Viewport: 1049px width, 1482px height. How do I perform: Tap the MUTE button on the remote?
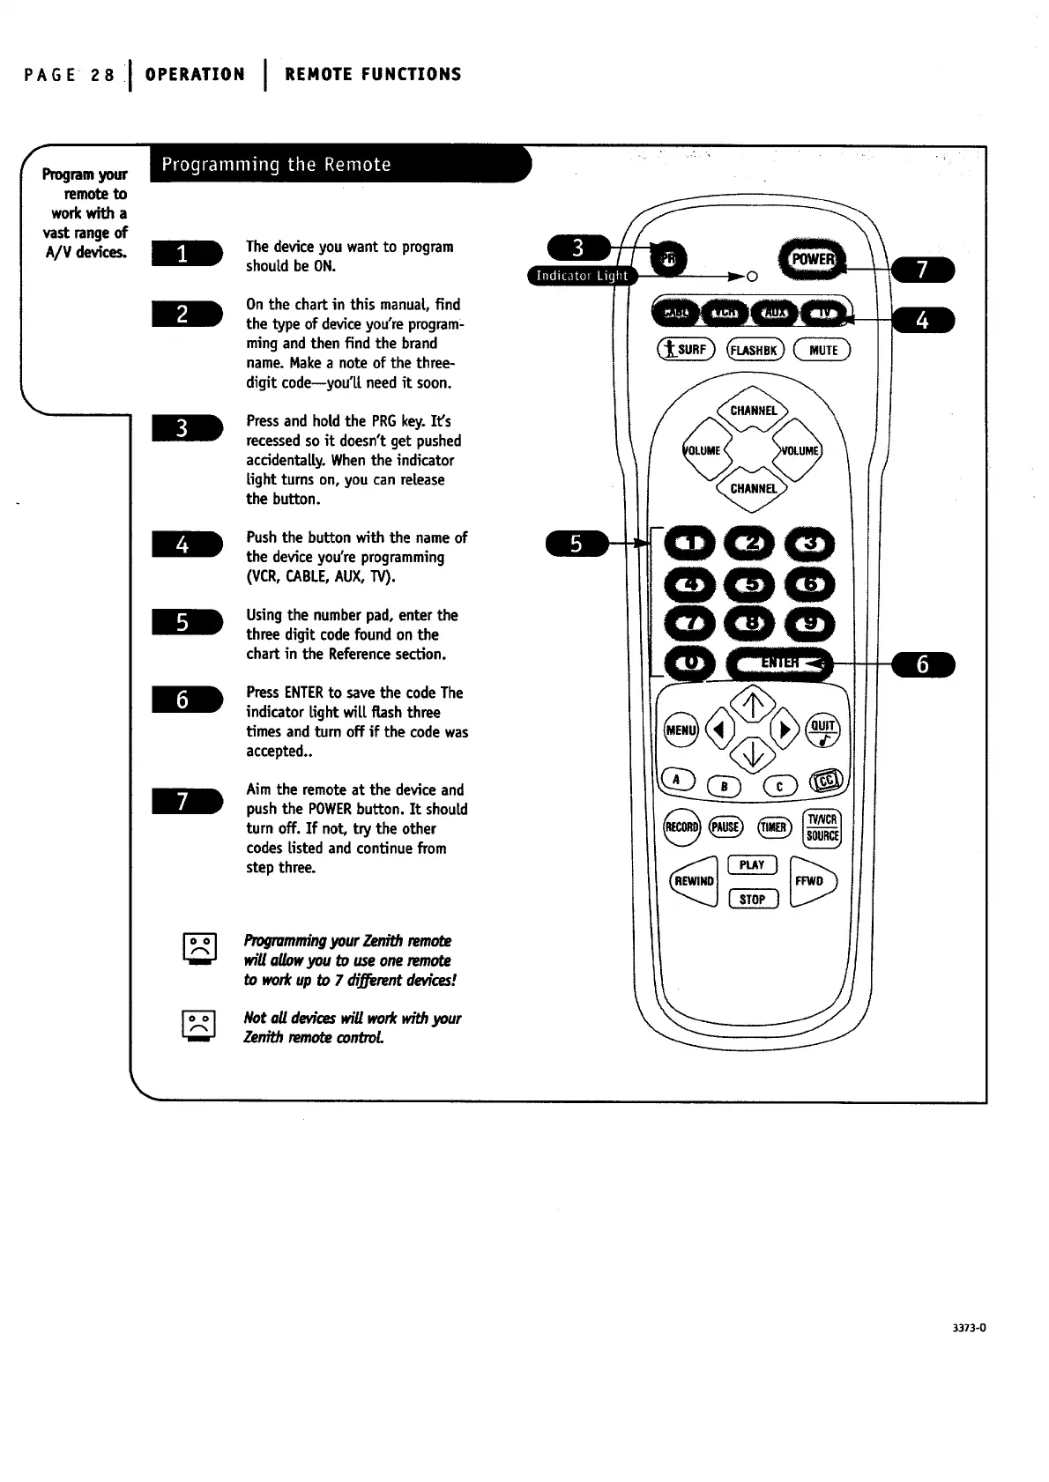(x=822, y=350)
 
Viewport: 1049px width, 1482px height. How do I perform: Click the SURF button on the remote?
(x=685, y=350)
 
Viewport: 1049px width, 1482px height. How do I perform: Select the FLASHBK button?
(x=753, y=350)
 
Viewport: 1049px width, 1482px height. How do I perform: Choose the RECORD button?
(x=681, y=827)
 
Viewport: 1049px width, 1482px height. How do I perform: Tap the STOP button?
(x=752, y=900)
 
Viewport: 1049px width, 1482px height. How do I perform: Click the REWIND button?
(x=695, y=881)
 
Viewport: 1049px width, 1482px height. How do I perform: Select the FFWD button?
(x=811, y=881)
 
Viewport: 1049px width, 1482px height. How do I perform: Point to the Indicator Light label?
(x=582, y=276)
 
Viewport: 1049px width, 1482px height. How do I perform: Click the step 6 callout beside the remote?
(x=923, y=664)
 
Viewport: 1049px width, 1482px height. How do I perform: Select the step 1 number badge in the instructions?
(x=184, y=256)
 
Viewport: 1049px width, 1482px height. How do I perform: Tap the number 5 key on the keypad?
(x=751, y=584)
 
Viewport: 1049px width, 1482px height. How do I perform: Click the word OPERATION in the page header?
(x=195, y=75)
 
